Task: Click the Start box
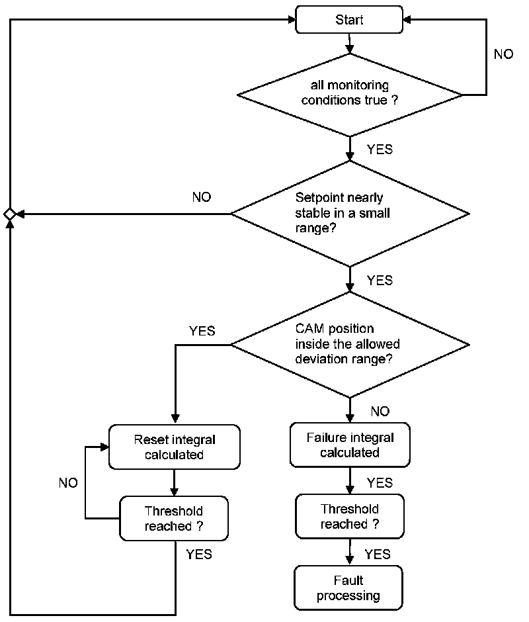pyautogui.click(x=349, y=19)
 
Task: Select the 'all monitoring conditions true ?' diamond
pyautogui.click(x=349, y=95)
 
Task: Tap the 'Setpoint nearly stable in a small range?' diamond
pyautogui.click(x=350, y=214)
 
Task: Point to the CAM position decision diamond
pyautogui.click(x=350, y=345)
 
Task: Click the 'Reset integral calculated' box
pyautogui.click(x=175, y=447)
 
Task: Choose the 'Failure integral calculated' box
pyautogui.click(x=350, y=445)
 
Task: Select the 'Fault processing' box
pyautogui.click(x=348, y=588)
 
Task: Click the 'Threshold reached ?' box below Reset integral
pyautogui.click(x=174, y=519)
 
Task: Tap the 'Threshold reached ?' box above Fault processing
pyautogui.click(x=350, y=516)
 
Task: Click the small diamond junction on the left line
pyautogui.click(x=9, y=214)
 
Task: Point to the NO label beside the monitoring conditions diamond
pyautogui.click(x=503, y=54)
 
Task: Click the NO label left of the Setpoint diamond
pyautogui.click(x=202, y=197)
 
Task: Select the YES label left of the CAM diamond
pyautogui.click(x=202, y=330)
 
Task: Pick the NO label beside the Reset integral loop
pyautogui.click(x=68, y=483)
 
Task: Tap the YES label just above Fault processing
pyautogui.click(x=378, y=554)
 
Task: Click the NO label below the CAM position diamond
pyautogui.click(x=380, y=412)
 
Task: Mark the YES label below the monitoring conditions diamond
pyautogui.click(x=380, y=149)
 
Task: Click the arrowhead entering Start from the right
pyautogui.click(x=407, y=19)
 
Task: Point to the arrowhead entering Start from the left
pyautogui.click(x=292, y=19)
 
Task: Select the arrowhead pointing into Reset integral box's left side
pyautogui.click(x=104, y=447)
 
